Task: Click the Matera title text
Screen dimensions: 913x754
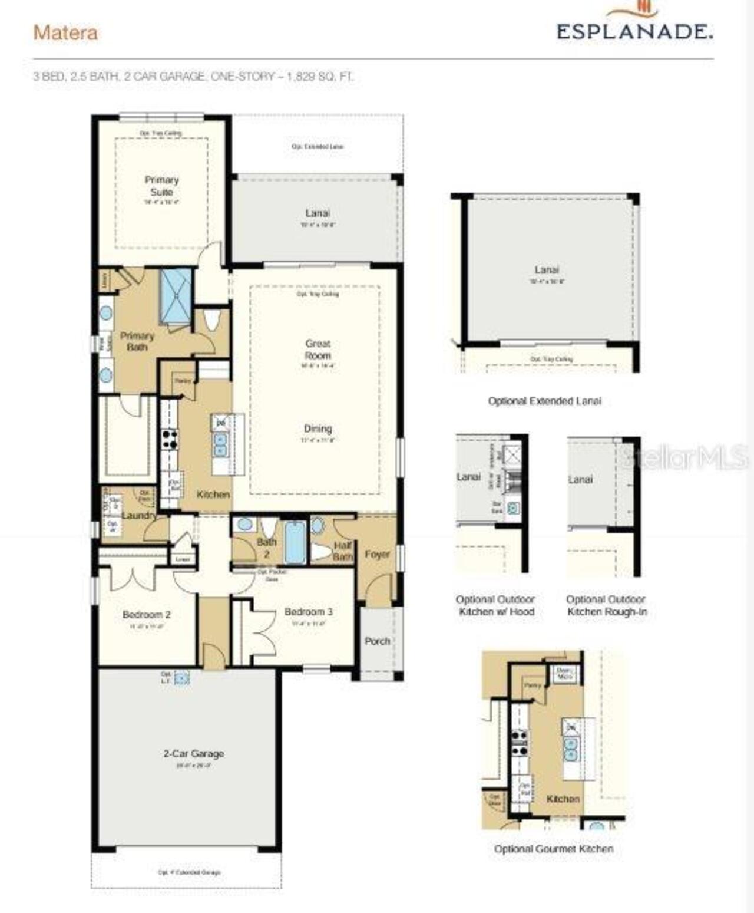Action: (x=65, y=33)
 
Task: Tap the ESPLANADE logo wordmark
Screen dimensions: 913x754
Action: (x=634, y=31)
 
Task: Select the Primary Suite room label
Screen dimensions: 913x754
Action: (x=162, y=186)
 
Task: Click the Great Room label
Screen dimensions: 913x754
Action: (x=318, y=350)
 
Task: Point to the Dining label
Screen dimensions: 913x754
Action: (x=318, y=429)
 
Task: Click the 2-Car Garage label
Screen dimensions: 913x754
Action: (x=193, y=753)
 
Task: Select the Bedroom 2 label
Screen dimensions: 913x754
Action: (x=146, y=615)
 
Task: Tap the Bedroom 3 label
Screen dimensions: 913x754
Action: (x=308, y=612)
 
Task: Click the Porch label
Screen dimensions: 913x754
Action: (x=377, y=641)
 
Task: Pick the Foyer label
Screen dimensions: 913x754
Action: (x=377, y=554)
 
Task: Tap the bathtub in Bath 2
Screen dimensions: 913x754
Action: (x=295, y=542)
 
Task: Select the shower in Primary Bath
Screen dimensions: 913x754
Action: (x=176, y=296)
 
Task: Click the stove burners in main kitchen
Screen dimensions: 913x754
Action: (x=170, y=440)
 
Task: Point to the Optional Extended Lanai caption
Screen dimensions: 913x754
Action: (x=544, y=401)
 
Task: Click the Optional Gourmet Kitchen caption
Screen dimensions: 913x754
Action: (x=553, y=849)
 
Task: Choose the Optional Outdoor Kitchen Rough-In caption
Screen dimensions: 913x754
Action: (x=606, y=605)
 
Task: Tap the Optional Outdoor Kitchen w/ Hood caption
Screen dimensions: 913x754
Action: (x=495, y=605)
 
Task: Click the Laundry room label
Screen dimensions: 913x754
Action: (x=139, y=515)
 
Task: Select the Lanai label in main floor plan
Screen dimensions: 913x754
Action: (x=318, y=213)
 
